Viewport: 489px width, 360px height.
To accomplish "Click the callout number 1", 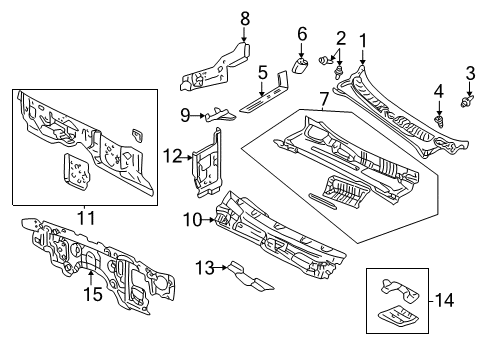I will tap(363, 40).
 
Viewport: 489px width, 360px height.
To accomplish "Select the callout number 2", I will tap(340, 38).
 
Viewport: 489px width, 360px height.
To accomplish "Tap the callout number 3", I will tap(470, 71).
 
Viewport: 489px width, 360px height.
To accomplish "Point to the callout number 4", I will tap(438, 93).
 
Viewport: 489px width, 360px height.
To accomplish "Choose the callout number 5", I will tap(262, 72).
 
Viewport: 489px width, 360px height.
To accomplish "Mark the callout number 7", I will tap(323, 100).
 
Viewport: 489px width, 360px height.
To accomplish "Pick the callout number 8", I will tap(245, 17).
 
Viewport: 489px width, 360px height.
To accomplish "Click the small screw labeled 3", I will tap(467, 101).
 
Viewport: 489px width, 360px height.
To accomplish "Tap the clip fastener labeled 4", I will tap(439, 120).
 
